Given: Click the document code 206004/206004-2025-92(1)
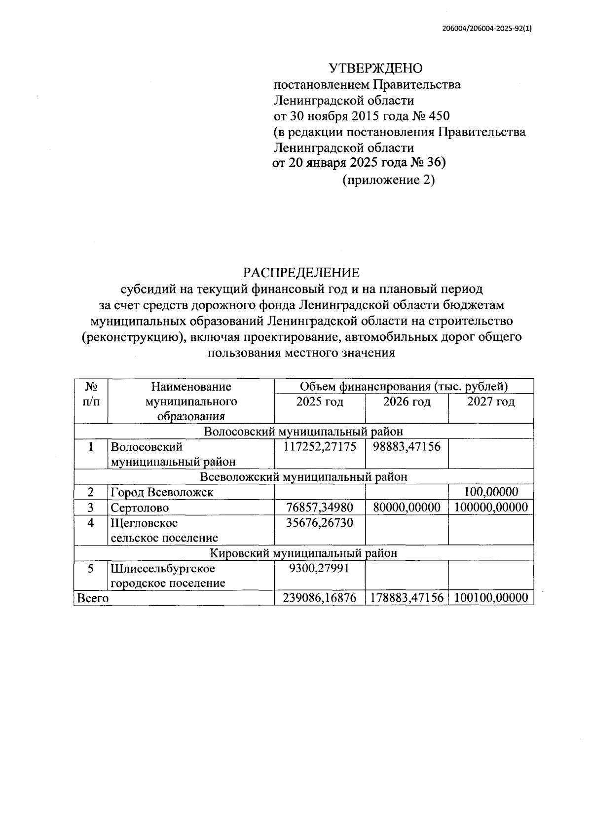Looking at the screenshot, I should [487, 29].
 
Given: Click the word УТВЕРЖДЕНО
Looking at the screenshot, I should [375, 69].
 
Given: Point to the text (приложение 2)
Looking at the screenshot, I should [389, 181].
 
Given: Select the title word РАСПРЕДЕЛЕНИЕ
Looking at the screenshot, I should [301, 272].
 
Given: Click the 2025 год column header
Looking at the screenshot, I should [320, 402].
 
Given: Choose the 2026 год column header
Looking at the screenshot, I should [407, 402].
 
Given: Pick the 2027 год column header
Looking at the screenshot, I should [491, 402].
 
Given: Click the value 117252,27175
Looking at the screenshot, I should [320, 447].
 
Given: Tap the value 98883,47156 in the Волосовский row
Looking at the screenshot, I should [407, 447].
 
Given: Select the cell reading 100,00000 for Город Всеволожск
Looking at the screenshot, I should [491, 492].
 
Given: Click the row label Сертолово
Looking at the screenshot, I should [140, 508].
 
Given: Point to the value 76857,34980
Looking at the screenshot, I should [320, 508].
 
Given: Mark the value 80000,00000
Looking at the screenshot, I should [407, 508].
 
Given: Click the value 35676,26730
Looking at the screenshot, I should [320, 523].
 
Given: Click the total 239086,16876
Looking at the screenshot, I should [320, 598].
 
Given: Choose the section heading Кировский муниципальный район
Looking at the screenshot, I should [303, 553].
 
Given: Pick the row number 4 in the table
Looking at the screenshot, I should [91, 523].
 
